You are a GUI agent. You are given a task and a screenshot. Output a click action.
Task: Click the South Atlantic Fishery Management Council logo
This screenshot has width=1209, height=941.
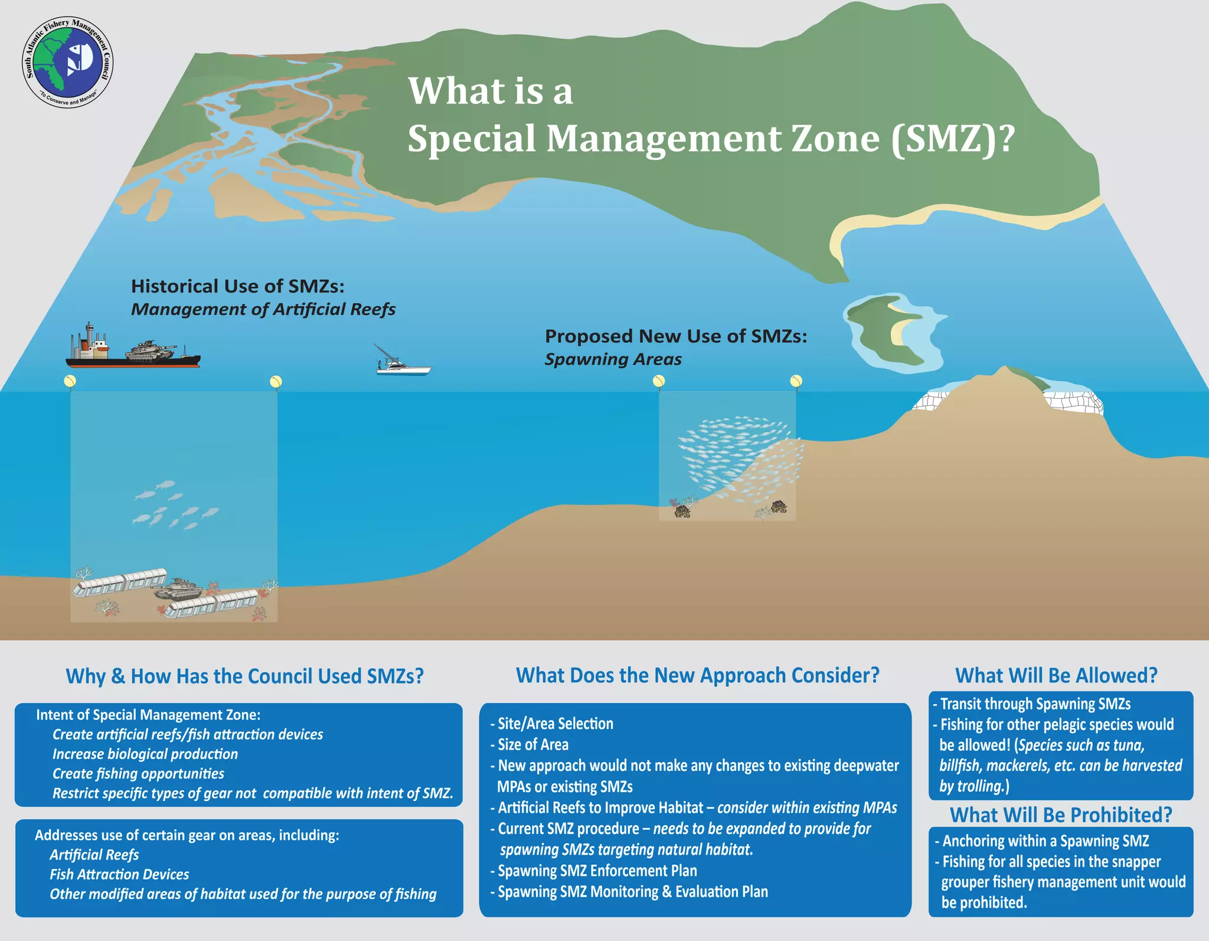pyautogui.click(x=67, y=63)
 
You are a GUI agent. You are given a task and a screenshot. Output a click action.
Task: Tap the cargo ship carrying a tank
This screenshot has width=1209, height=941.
pyautogui.click(x=132, y=352)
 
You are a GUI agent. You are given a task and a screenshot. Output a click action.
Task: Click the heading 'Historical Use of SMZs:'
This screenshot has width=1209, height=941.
pyautogui.click(x=237, y=286)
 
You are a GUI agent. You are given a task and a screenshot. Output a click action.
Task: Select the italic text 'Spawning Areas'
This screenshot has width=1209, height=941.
pyautogui.click(x=613, y=359)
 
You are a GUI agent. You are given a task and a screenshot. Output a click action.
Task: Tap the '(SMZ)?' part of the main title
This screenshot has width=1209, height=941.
pyautogui.click(x=952, y=139)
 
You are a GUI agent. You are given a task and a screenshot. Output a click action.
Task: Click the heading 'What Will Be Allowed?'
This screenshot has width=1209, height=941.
pyautogui.click(x=1056, y=675)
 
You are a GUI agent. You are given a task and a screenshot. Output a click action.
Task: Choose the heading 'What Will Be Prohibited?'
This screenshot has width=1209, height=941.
pyautogui.click(x=1061, y=815)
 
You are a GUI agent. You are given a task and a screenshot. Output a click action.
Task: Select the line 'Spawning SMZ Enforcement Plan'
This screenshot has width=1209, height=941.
pyautogui.click(x=597, y=871)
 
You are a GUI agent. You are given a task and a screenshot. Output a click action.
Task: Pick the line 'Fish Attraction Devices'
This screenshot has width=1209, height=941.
pyautogui.click(x=119, y=874)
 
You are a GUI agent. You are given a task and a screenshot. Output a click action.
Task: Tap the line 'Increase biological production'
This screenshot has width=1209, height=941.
pyautogui.click(x=145, y=754)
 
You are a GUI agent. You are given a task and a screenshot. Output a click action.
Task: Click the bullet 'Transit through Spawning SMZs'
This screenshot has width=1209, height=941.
pyautogui.click(x=1035, y=704)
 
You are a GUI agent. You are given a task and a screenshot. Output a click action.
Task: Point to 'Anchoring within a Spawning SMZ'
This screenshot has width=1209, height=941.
pyautogui.click(x=1045, y=841)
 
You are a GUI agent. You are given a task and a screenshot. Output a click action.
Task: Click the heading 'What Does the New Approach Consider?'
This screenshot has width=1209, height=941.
pyautogui.click(x=697, y=675)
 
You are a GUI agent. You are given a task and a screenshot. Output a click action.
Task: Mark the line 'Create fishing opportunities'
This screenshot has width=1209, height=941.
pyautogui.click(x=138, y=774)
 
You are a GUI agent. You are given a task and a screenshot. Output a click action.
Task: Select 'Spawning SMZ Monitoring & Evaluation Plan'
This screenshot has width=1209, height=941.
pyautogui.click(x=632, y=892)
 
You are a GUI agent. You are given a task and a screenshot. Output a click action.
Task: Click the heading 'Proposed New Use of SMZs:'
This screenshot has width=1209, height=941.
pyautogui.click(x=675, y=336)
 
